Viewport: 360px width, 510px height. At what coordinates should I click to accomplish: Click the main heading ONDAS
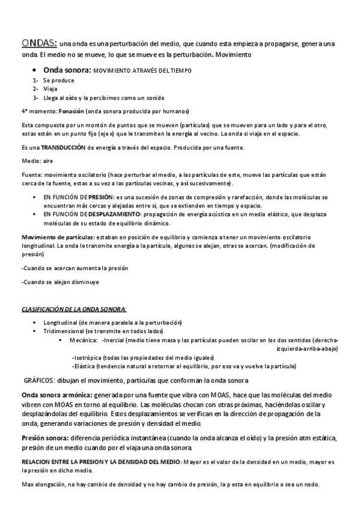click(x=39, y=43)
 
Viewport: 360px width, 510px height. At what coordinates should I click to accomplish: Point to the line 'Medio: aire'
click(x=37, y=161)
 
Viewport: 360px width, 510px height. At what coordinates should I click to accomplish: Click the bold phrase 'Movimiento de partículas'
click(x=57, y=235)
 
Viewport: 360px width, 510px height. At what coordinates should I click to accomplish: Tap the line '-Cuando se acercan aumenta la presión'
click(x=75, y=268)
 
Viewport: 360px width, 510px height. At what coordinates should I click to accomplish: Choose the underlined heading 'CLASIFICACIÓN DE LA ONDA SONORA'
click(x=73, y=309)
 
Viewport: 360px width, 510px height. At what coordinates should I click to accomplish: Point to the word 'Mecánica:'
click(x=84, y=340)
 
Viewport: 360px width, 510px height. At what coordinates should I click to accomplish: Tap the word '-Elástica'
click(x=84, y=366)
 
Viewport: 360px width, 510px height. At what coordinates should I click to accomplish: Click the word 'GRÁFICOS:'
click(x=39, y=381)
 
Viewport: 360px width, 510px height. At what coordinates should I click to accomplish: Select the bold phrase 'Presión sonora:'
click(x=45, y=438)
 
